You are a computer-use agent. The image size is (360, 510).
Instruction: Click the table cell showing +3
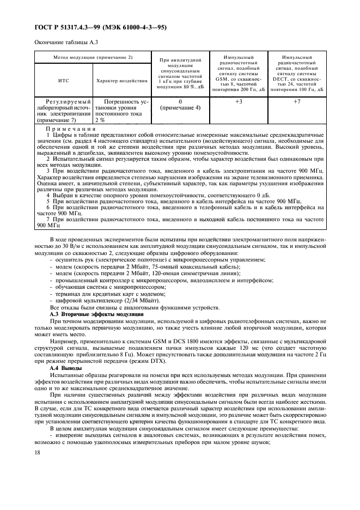(238, 102)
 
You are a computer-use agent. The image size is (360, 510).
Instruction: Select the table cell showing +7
(296, 102)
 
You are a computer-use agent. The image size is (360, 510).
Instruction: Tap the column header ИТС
(63, 81)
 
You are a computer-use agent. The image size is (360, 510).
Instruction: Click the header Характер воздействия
(121, 81)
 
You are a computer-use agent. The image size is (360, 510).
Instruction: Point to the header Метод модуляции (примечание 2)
(93, 57)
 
